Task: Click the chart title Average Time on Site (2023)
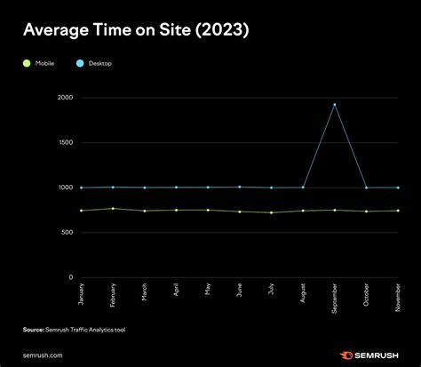(136, 31)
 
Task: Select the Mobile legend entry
(38, 64)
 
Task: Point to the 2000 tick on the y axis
(64, 97)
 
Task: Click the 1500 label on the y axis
(65, 142)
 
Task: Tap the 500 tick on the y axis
(67, 233)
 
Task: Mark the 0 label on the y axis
(70, 277)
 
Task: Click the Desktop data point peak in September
(334, 105)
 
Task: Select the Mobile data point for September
(334, 210)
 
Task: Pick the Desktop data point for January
(81, 187)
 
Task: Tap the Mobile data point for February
(113, 208)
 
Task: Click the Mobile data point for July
(271, 212)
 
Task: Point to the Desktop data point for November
(397, 187)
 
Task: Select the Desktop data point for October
(366, 187)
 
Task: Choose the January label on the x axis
(81, 294)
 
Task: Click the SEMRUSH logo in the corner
(369, 353)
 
